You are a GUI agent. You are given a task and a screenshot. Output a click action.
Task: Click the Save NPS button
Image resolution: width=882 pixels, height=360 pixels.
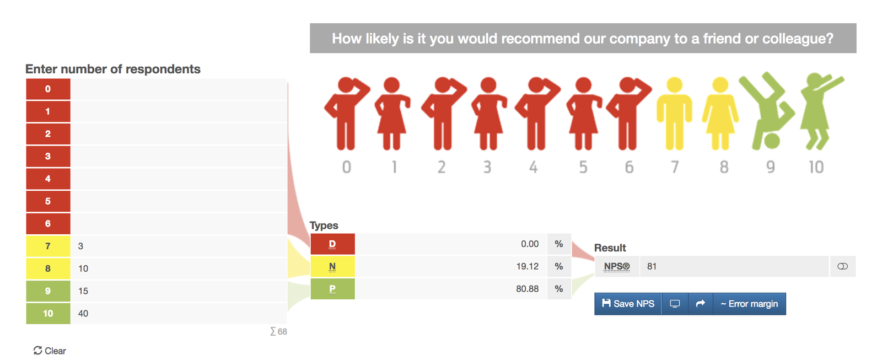(x=628, y=304)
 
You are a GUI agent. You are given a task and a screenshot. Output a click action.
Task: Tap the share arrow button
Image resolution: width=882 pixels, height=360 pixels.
(x=700, y=304)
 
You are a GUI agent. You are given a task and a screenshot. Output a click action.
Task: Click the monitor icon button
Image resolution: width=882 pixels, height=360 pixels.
(x=675, y=304)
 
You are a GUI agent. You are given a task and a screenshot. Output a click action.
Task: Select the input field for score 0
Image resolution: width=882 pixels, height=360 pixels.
(x=179, y=89)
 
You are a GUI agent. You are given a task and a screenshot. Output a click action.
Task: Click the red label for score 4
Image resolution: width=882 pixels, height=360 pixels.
(x=48, y=179)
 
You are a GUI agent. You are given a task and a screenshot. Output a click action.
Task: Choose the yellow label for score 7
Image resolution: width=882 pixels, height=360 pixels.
(x=48, y=246)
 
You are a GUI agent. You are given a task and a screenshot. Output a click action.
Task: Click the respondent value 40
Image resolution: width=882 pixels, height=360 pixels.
(x=83, y=313)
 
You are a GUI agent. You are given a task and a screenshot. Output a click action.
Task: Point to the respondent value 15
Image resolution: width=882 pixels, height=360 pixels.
(x=83, y=291)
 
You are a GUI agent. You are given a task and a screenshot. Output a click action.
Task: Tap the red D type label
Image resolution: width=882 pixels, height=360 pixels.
(x=332, y=244)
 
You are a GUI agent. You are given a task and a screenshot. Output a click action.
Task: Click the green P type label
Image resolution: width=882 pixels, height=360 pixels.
(x=332, y=289)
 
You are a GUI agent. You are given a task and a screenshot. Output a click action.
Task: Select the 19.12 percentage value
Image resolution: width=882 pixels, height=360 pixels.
(x=527, y=266)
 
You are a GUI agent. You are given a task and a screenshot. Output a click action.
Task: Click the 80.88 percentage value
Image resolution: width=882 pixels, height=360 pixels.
(x=527, y=289)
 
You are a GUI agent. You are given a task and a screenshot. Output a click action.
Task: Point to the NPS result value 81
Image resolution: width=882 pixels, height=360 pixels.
(x=652, y=266)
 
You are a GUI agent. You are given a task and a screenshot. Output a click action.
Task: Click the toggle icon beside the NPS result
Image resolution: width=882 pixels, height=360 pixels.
(x=842, y=266)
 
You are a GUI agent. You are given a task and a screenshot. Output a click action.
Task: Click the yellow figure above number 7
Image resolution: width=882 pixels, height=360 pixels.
(x=674, y=114)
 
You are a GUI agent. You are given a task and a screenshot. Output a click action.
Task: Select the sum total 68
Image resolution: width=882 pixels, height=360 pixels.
(x=279, y=331)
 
